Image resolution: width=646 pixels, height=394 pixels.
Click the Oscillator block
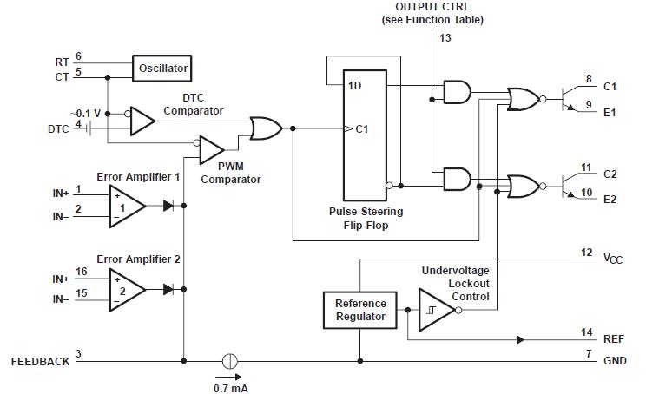pyautogui.click(x=161, y=67)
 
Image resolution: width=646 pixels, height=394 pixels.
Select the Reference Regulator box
pyautogui.click(x=360, y=311)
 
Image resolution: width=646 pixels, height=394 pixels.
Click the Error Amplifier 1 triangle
pyautogui.click(x=126, y=207)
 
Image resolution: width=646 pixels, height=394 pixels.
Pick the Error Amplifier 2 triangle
pyautogui.click(x=126, y=289)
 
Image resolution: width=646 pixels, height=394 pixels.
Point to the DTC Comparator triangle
pyautogui.click(x=141, y=121)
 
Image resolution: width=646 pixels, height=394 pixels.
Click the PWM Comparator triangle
pyautogui.click(x=210, y=149)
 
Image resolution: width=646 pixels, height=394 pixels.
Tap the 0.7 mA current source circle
pyautogui.click(x=230, y=361)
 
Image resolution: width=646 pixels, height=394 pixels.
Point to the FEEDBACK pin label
pyautogui.click(x=40, y=361)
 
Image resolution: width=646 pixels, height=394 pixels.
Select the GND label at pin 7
pyautogui.click(x=615, y=361)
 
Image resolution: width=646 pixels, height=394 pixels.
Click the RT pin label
pyautogui.click(x=62, y=62)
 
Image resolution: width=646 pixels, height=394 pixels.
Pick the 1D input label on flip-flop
pyautogui.click(x=355, y=86)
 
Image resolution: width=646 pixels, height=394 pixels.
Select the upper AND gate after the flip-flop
pyautogui.click(x=457, y=92)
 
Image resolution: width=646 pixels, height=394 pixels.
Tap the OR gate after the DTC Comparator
pyautogui.click(x=263, y=129)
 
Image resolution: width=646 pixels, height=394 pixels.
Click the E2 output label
pyautogui.click(x=609, y=199)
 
